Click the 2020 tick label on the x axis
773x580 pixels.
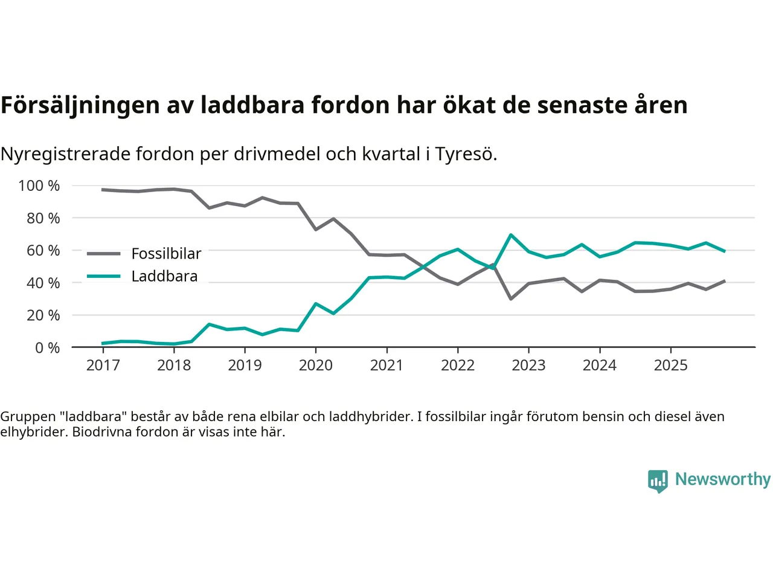(x=315, y=365)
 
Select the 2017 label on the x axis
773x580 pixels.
(x=103, y=365)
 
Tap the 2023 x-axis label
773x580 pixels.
(x=528, y=365)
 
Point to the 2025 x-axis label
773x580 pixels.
(x=670, y=365)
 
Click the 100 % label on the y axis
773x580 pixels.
(x=39, y=185)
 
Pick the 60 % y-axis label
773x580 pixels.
(x=43, y=250)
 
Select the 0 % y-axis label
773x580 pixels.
(x=47, y=347)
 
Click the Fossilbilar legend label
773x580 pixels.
(x=166, y=254)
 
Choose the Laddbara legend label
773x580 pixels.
(x=164, y=276)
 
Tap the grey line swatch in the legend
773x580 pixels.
(x=103, y=254)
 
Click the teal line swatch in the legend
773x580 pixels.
(x=103, y=276)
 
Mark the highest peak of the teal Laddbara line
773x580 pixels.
(x=511, y=234)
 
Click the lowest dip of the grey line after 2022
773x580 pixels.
(x=511, y=299)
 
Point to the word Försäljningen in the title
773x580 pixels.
(x=80, y=105)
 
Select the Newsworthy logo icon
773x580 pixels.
(x=658, y=481)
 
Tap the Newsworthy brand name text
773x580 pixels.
(x=723, y=479)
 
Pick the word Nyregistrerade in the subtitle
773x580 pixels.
(x=65, y=154)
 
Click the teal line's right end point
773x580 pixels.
(x=725, y=251)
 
